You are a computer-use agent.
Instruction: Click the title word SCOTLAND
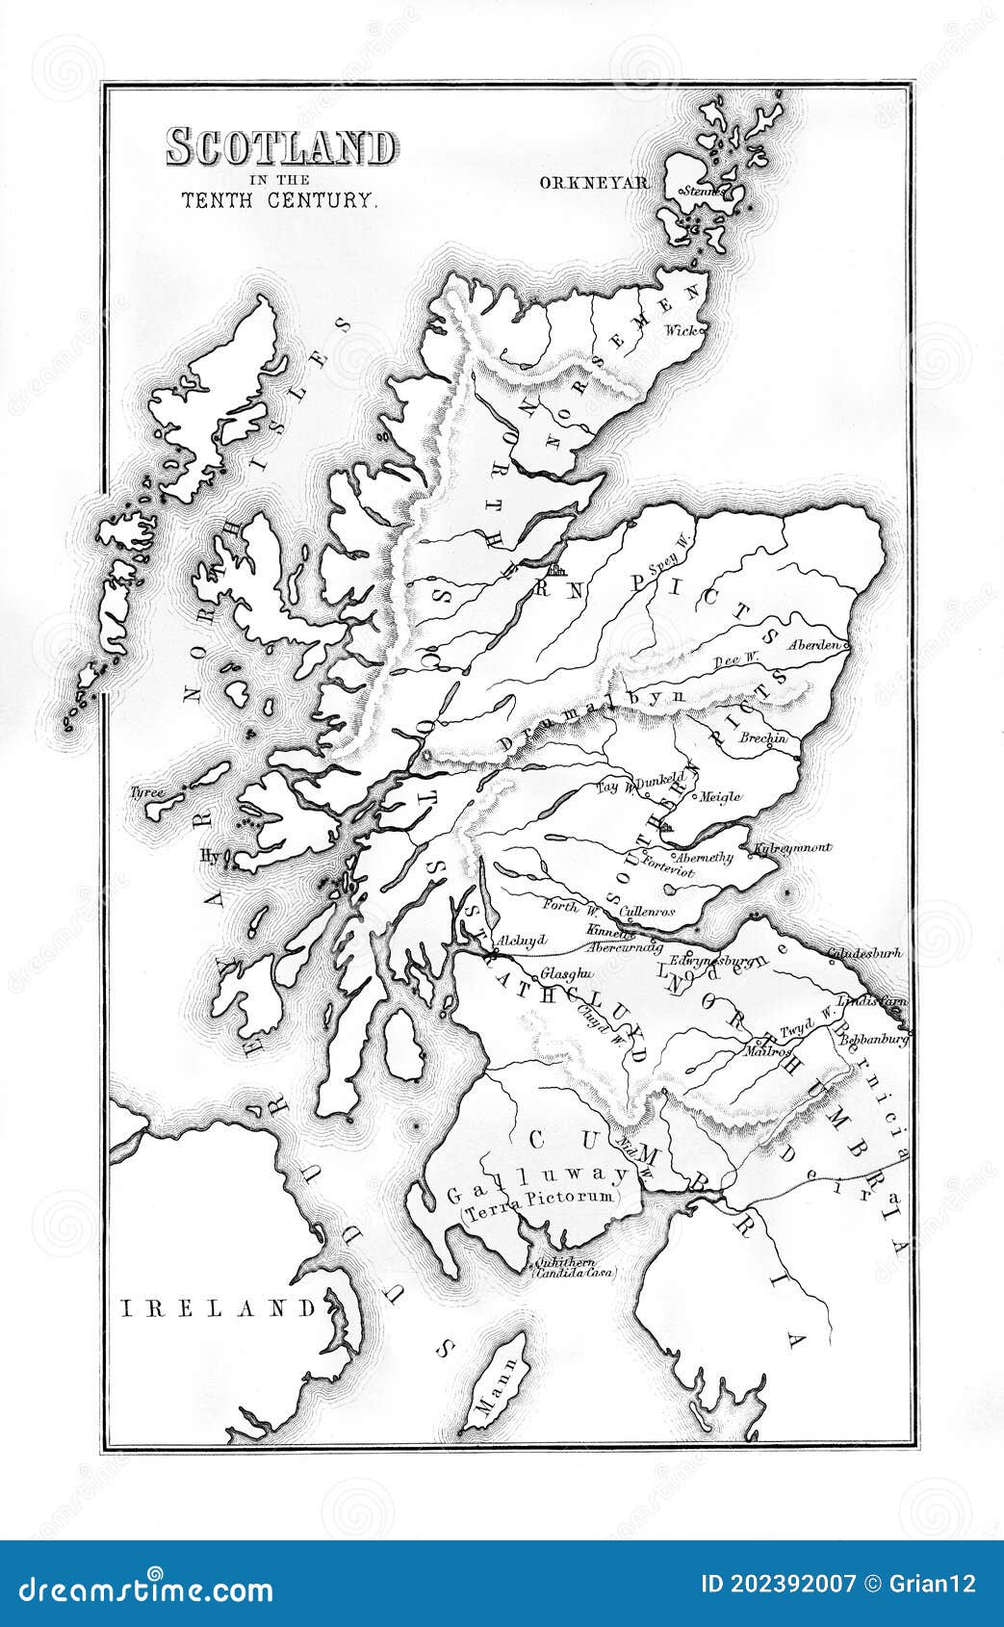280,147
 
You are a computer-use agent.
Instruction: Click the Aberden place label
815,644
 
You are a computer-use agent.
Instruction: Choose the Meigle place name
719,796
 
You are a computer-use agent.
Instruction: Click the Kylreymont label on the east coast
794,848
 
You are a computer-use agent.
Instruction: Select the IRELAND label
219,1307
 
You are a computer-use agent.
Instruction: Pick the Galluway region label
537,1173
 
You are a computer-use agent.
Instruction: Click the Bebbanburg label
874,1040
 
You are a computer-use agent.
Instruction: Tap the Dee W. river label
736,661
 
